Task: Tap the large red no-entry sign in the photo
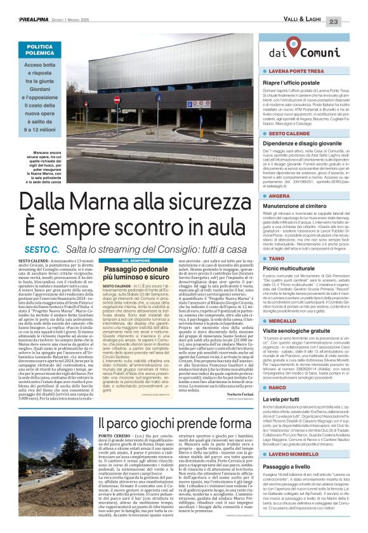[116, 100]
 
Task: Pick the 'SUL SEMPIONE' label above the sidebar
[135, 260]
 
